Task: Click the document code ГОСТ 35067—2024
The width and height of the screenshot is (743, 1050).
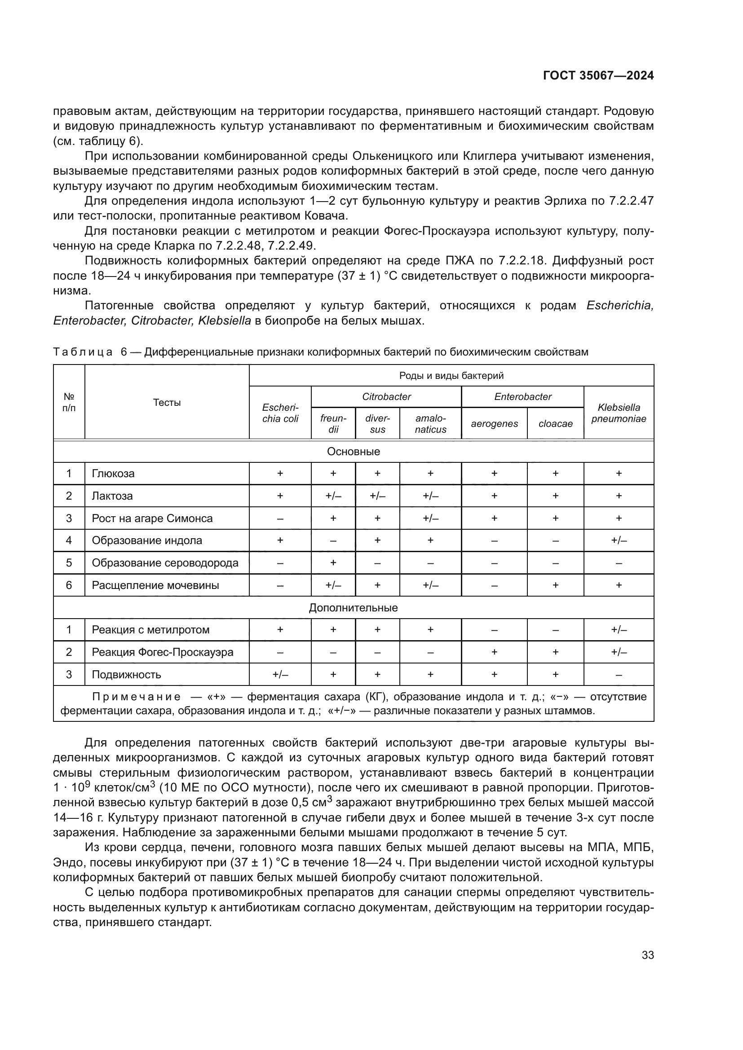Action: (598, 76)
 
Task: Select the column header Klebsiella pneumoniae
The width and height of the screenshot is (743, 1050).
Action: (619, 413)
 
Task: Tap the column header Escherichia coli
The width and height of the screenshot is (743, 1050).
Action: (280, 413)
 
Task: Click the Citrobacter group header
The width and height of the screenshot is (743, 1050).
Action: (386, 396)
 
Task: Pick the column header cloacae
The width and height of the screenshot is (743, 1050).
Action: (555, 423)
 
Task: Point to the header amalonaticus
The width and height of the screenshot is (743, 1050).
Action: (430, 423)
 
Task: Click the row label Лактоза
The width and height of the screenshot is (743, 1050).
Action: (112, 496)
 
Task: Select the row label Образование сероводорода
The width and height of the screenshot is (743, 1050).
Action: (165, 562)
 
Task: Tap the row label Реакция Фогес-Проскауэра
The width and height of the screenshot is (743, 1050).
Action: (163, 652)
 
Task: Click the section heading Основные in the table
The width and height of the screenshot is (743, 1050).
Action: (353, 451)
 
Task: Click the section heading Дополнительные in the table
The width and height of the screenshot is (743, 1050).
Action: (353, 608)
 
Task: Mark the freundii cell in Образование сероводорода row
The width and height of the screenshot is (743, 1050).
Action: (333, 562)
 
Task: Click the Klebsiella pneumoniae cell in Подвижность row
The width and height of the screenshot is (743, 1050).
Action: (619, 675)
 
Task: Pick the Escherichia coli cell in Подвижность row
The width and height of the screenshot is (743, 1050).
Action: (280, 675)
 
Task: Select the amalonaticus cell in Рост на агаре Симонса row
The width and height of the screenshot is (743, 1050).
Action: (430, 518)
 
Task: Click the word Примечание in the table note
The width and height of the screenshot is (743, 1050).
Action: (137, 697)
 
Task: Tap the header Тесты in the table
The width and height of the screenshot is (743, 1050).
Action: (167, 402)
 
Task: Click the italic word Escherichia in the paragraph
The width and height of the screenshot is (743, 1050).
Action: (619, 306)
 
